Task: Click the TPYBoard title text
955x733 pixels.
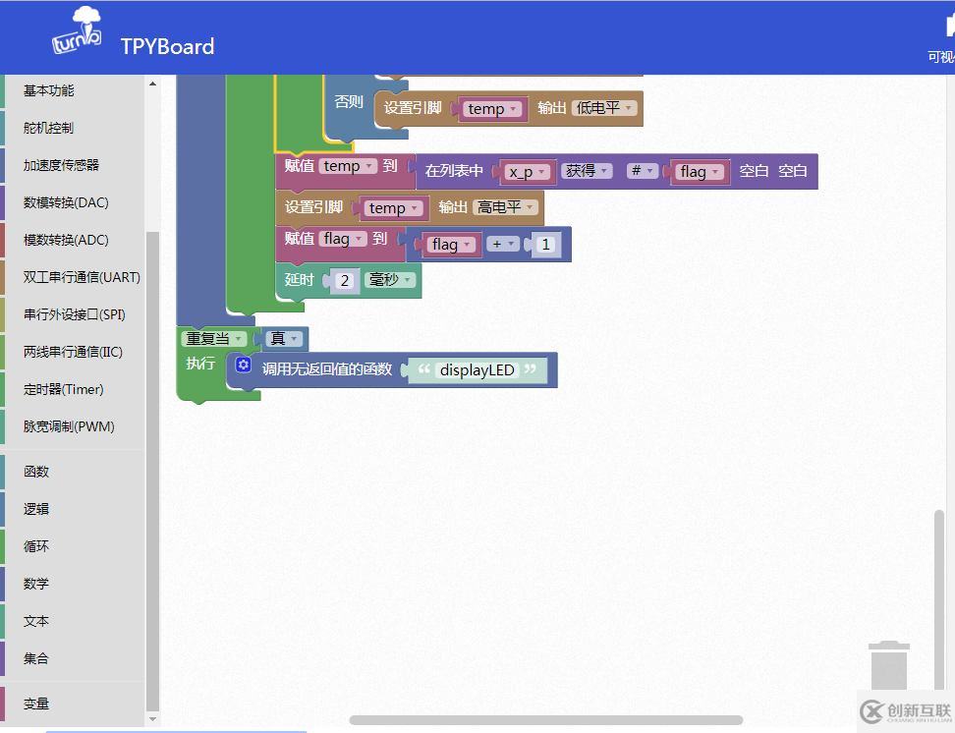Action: coord(167,46)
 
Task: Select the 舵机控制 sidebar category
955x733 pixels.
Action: coord(49,128)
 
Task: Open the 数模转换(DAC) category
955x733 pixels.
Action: coord(66,202)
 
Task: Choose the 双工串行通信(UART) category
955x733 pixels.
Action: coord(82,277)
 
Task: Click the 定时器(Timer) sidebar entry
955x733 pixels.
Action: coord(63,389)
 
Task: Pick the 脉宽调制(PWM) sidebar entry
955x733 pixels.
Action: coord(69,426)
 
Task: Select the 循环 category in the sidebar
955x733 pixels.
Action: coord(36,546)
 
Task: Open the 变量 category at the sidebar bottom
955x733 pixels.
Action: coord(36,704)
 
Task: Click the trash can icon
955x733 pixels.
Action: coord(889,665)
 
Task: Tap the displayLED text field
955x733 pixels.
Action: coord(477,369)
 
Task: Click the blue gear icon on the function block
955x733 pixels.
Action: coord(244,365)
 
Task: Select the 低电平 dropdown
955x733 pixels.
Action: coord(604,108)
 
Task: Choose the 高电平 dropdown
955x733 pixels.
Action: coord(506,207)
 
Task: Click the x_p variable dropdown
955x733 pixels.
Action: coord(528,172)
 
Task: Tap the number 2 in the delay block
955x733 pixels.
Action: coord(345,280)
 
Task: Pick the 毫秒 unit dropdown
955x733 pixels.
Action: coord(390,280)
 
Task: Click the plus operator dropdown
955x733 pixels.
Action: coord(503,244)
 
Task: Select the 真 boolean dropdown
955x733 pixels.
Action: coord(284,338)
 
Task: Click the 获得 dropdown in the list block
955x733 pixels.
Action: coord(587,171)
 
